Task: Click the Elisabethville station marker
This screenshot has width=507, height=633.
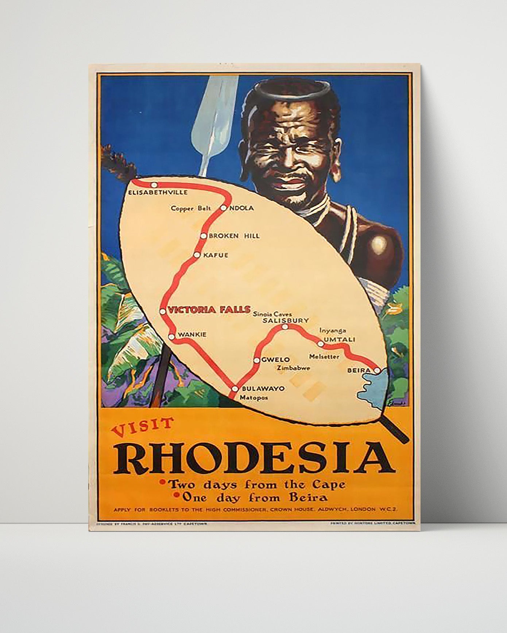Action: [x=154, y=185]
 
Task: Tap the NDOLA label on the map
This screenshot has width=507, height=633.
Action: [x=241, y=208]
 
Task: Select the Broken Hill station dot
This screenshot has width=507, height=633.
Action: [x=204, y=236]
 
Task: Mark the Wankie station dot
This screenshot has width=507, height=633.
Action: [x=171, y=336]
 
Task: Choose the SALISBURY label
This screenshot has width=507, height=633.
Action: [x=286, y=321]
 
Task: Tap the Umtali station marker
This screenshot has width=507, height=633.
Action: [x=321, y=343]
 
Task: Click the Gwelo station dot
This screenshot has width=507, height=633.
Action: [x=257, y=360]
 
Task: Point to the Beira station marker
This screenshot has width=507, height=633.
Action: [x=377, y=370]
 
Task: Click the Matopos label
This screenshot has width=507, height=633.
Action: [x=253, y=398]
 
